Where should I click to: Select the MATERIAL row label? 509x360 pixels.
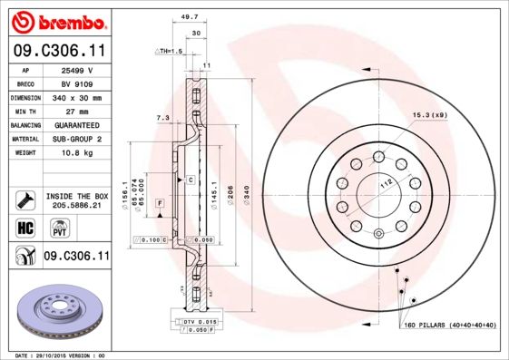[x=22, y=140]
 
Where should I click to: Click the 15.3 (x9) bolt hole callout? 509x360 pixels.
[x=427, y=115]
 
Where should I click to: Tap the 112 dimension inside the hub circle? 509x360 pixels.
[x=384, y=181]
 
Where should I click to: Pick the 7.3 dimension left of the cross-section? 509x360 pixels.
[x=164, y=117]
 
